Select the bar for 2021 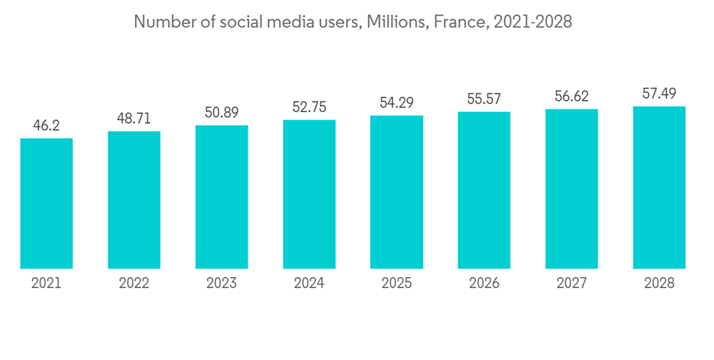coord(46,204)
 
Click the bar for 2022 coord(134,200)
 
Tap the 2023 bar coord(222,197)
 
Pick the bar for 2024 coord(309,194)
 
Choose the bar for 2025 coord(397,192)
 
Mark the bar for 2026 coord(484,191)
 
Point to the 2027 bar coord(572,189)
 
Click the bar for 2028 coord(659,188)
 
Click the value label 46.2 coord(46,125)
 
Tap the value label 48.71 coord(134,119)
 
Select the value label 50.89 coord(222,113)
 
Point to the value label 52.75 coord(309,107)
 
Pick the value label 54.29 coord(397,103)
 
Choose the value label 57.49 coord(659,94)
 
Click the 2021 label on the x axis coord(46,284)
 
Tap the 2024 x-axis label coord(309,284)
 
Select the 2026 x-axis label coord(484,284)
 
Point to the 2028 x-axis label coord(659,284)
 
